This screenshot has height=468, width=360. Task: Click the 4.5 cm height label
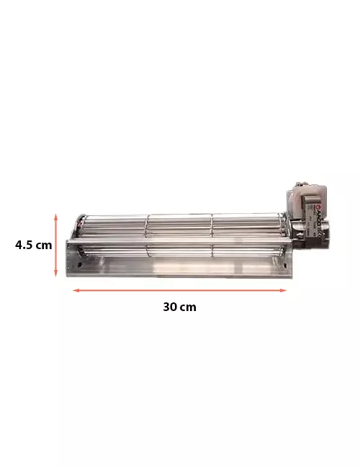pyautogui.click(x=34, y=245)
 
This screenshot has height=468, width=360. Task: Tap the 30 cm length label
pyautogui.click(x=179, y=307)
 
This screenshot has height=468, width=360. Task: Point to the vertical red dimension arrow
pyautogui.click(x=55, y=245)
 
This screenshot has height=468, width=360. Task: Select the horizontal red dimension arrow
pyautogui.click(x=179, y=290)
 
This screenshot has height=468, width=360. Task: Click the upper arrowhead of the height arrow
pyautogui.click(x=55, y=215)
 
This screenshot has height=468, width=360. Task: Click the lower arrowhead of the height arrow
pyautogui.click(x=55, y=275)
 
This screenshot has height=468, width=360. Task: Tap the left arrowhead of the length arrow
pyautogui.click(x=74, y=290)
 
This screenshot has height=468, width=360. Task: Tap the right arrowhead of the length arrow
pyautogui.click(x=284, y=290)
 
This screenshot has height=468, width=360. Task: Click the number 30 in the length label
pyautogui.click(x=170, y=307)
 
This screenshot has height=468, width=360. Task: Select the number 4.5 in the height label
pyautogui.click(x=25, y=245)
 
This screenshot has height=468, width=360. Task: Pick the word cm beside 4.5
pyautogui.click(x=44, y=245)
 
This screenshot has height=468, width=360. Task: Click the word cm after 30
pyautogui.click(x=188, y=307)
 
